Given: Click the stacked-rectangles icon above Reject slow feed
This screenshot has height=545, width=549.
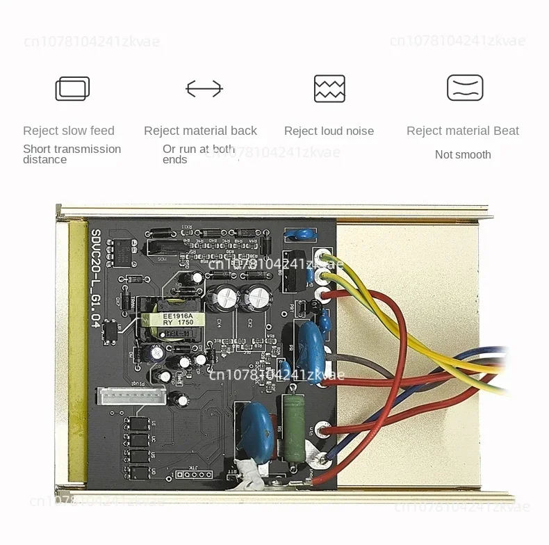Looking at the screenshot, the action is pyautogui.click(x=72, y=89).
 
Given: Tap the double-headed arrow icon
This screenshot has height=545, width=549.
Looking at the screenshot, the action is pyautogui.click(x=204, y=89).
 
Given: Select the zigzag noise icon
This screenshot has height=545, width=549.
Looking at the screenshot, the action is pyautogui.click(x=329, y=89).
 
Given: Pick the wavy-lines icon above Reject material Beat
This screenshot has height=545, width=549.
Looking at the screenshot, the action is pyautogui.click(x=465, y=88).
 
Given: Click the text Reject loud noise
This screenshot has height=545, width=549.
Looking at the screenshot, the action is pyautogui.click(x=329, y=131).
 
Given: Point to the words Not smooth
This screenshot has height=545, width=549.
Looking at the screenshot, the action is pyautogui.click(x=463, y=154).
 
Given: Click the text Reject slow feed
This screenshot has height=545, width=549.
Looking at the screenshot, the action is pyautogui.click(x=68, y=131).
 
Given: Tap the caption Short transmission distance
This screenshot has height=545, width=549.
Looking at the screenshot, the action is pyautogui.click(x=72, y=154).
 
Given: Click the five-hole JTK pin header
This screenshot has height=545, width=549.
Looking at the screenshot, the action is pyautogui.click(x=194, y=475).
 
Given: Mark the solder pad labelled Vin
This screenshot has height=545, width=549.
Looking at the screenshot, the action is pyautogui.click(x=322, y=431).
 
